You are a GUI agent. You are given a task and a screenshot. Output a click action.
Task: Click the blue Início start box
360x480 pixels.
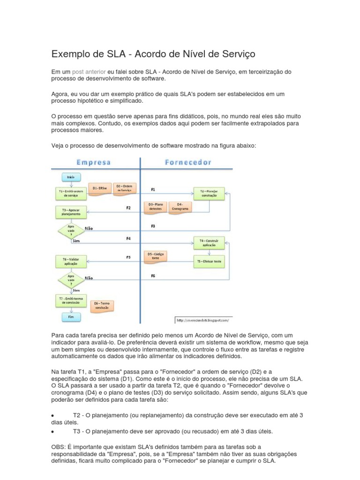point(71,177)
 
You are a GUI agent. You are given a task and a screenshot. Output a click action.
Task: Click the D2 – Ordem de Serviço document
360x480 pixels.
point(124,189)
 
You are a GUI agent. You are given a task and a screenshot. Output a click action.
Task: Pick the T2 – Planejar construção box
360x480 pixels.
point(209,193)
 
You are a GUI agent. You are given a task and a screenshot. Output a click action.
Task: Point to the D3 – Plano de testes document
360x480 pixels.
point(155,207)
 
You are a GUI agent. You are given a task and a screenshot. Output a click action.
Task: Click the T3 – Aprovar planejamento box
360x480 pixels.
point(71,211)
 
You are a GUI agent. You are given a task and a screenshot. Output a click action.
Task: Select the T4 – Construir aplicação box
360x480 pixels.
point(209,243)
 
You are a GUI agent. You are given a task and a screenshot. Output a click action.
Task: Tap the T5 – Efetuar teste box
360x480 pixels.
point(209,262)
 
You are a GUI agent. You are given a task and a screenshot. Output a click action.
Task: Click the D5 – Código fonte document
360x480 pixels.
point(155,256)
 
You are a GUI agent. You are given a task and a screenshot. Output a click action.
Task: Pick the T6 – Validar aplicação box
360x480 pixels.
point(71,262)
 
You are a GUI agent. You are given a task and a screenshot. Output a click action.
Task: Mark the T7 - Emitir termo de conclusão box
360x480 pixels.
point(71,300)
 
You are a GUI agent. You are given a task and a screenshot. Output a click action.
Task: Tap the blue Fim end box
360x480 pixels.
point(71,317)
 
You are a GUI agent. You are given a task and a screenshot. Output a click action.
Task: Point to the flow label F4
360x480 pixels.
point(128,239)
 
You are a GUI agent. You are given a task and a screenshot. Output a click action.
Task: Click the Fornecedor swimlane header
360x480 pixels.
point(188,162)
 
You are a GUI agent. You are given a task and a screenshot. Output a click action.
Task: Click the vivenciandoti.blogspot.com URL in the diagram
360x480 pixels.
point(203,321)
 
